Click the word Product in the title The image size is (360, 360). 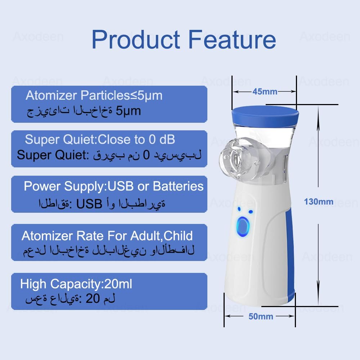(x=136, y=40)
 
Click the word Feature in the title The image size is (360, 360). (x=232, y=40)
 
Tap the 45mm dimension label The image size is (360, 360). (x=265, y=91)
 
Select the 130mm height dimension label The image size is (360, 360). (x=319, y=202)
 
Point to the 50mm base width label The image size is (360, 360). (x=261, y=316)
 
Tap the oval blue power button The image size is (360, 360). (x=243, y=227)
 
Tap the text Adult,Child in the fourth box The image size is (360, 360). (x=161, y=236)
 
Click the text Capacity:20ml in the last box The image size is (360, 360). (x=91, y=284)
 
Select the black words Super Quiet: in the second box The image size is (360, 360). (x=53, y=155)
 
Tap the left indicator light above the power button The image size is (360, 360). (x=239, y=209)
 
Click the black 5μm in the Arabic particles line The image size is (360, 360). (x=128, y=111)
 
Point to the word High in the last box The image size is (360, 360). (x=33, y=284)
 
